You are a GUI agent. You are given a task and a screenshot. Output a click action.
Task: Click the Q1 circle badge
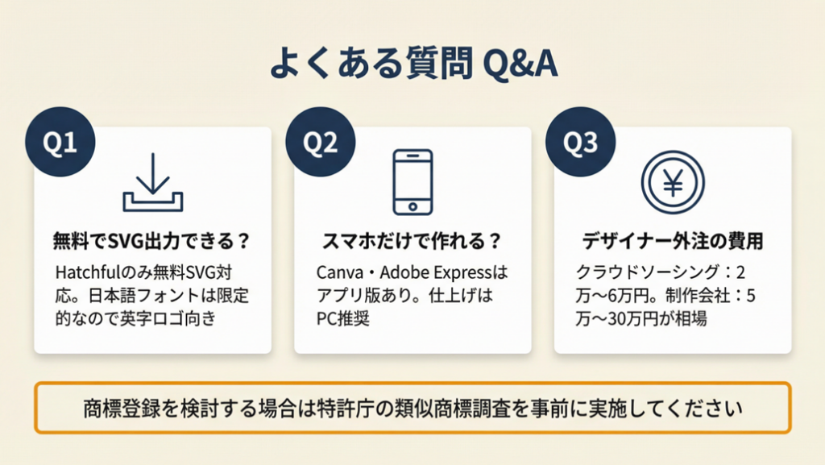[60, 142]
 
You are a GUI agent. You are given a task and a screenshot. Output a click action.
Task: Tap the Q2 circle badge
[321, 142]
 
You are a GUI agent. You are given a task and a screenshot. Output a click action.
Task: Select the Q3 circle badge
[580, 142]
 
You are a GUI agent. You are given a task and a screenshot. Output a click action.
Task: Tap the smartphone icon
[413, 182]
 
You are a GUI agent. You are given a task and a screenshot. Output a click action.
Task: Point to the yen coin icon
[673, 182]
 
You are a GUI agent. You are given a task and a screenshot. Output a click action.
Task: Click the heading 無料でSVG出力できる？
[151, 241]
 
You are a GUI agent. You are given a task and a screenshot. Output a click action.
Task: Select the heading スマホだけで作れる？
[412, 241]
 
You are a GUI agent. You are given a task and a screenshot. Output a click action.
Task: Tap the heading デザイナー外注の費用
[673, 241]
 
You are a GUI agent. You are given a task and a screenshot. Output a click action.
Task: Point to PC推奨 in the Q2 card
[343, 319]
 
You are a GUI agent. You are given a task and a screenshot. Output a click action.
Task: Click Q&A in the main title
[520, 64]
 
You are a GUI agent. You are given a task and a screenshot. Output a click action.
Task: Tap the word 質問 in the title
[439, 64]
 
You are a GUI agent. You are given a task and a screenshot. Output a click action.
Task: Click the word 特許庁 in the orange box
[346, 409]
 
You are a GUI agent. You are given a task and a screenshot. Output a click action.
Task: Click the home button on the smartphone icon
[413, 207]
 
